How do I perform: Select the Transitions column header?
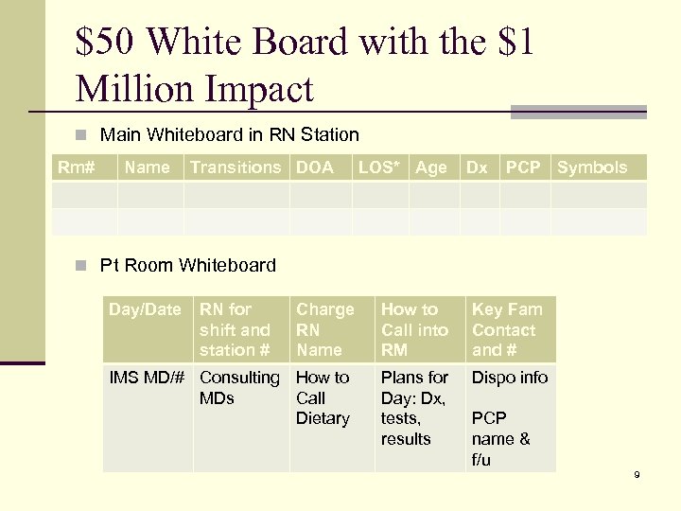pyautogui.click(x=236, y=167)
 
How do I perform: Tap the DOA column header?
pyautogui.click(x=315, y=167)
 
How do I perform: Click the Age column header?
pyautogui.click(x=431, y=167)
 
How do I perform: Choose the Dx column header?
pyautogui.click(x=477, y=167)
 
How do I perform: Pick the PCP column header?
pyautogui.click(x=523, y=167)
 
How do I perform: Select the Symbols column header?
pyautogui.click(x=592, y=167)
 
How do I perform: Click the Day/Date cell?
pyautogui.click(x=145, y=309)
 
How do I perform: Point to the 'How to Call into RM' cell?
pyautogui.click(x=414, y=330)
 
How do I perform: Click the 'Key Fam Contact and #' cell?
pyautogui.click(x=507, y=330)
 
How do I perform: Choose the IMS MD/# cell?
pyautogui.click(x=147, y=378)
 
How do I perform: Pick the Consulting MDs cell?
pyautogui.click(x=239, y=388)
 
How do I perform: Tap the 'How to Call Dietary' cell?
pyautogui.click(x=323, y=397)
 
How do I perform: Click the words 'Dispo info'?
pyautogui.click(x=510, y=378)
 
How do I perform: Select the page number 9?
pyautogui.click(x=637, y=474)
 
